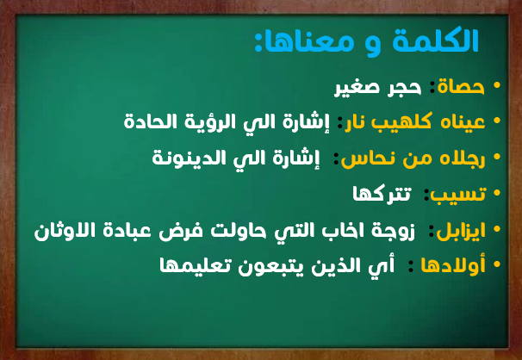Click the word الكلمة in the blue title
(x=435, y=40)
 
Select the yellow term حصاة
(x=461, y=86)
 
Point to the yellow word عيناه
(x=463, y=122)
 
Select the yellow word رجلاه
(x=463, y=158)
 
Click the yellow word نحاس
(x=362, y=158)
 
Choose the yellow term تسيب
(x=458, y=194)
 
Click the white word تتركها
(x=382, y=194)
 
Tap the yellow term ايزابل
(x=461, y=230)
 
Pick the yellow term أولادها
(x=453, y=265)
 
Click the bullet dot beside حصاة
(x=497, y=85)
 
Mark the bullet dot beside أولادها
(x=497, y=264)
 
